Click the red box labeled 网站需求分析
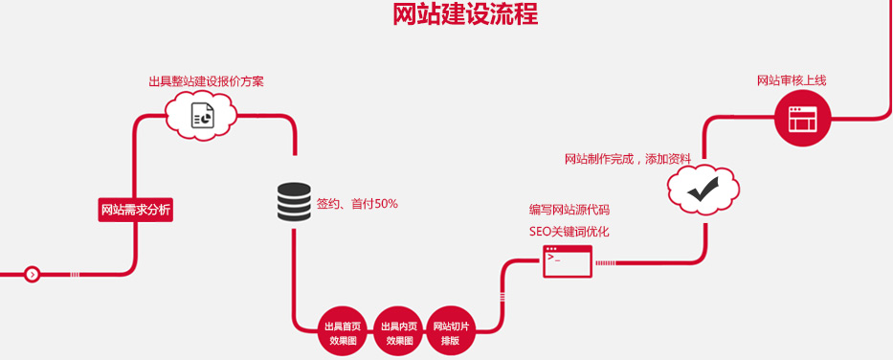(136, 210)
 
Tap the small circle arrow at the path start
(33, 275)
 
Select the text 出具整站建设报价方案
(206, 81)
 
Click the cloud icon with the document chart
(202, 117)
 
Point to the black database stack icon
(294, 202)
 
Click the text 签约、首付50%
(357, 204)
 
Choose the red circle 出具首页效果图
(344, 331)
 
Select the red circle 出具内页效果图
(398, 331)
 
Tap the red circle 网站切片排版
(451, 331)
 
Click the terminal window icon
(568, 260)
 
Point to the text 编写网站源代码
(569, 209)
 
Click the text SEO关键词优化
(569, 231)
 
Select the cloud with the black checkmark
(703, 190)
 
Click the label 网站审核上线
(792, 80)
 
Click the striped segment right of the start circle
(75, 275)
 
